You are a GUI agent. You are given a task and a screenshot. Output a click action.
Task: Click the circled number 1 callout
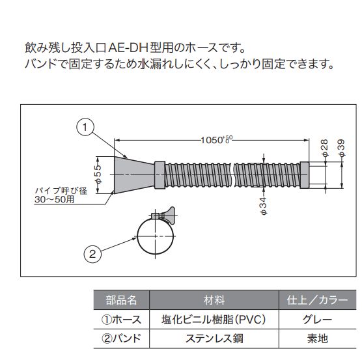click(85, 127)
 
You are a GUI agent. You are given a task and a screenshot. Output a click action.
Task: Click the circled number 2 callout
click(92, 254)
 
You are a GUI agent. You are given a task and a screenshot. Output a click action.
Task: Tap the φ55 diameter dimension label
click(98, 174)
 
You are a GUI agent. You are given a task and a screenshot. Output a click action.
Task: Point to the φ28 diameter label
click(324, 148)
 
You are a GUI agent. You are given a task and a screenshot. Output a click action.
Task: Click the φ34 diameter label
click(263, 206)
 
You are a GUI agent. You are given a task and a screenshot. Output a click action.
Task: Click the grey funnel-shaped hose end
click(134, 174)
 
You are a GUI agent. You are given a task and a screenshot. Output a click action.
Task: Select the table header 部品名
click(121, 300)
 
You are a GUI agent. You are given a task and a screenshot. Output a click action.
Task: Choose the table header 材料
click(214, 300)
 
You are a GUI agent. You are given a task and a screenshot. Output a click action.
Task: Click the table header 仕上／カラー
click(317, 300)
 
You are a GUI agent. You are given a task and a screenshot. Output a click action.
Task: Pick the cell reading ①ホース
click(122, 320)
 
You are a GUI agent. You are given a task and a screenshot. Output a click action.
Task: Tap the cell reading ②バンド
click(122, 339)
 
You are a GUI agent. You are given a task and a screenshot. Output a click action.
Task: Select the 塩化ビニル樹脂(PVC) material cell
click(214, 320)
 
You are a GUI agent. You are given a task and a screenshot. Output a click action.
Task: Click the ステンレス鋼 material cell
click(214, 339)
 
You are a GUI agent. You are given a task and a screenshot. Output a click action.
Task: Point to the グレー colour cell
click(317, 320)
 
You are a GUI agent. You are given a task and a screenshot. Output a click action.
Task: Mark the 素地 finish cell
click(318, 339)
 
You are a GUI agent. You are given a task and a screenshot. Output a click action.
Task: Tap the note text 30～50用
click(54, 199)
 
